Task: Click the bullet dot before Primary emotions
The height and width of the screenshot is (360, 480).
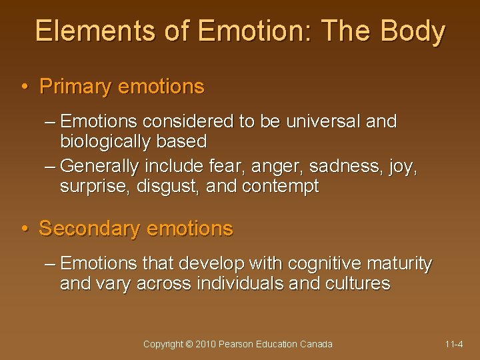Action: pyautogui.click(x=24, y=87)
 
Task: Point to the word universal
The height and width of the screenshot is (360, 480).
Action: pyautogui.click(x=321, y=121)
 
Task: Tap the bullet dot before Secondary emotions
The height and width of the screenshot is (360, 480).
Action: pyautogui.click(x=24, y=229)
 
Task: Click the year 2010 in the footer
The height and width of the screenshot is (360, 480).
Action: pyautogui.click(x=206, y=344)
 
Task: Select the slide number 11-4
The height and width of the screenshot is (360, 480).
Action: pyautogui.click(x=454, y=344)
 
